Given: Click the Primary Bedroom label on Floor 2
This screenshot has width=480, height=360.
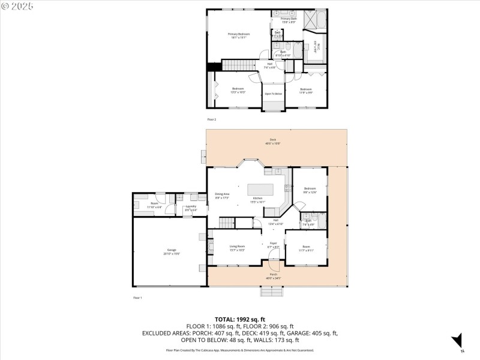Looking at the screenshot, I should [x=238, y=35].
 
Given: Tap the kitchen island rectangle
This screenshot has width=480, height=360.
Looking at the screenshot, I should [x=261, y=189].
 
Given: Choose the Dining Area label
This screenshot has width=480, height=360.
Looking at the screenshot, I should [x=223, y=196].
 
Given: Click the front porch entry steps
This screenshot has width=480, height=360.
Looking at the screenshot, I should [x=273, y=292].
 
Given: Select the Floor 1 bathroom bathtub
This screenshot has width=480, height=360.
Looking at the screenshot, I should [x=320, y=220].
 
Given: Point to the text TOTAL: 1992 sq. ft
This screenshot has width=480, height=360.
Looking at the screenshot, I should [x=240, y=319].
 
